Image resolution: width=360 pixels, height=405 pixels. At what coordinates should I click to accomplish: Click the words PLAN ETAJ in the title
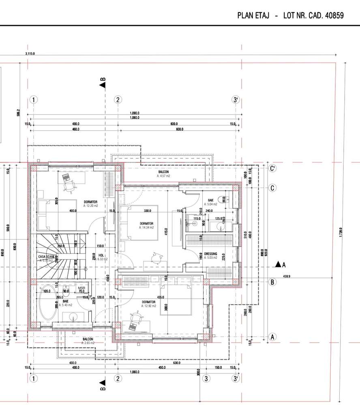tap(253, 16)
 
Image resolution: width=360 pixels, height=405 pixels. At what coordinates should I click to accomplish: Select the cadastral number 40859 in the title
tap(332, 16)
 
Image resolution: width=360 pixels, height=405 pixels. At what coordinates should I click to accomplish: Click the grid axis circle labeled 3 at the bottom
tap(207, 379)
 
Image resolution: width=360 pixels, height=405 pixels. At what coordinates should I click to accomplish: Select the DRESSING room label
tap(210, 254)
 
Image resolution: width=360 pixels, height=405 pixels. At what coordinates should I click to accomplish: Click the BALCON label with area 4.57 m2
tap(164, 173)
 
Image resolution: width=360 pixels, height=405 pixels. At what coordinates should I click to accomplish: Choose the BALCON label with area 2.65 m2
tap(88, 339)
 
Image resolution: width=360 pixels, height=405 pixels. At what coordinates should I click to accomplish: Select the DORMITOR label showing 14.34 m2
tap(146, 224)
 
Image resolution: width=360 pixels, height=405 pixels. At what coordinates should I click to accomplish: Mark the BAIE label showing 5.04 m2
tap(211, 200)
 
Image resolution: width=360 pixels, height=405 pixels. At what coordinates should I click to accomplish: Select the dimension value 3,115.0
tap(30, 53)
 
